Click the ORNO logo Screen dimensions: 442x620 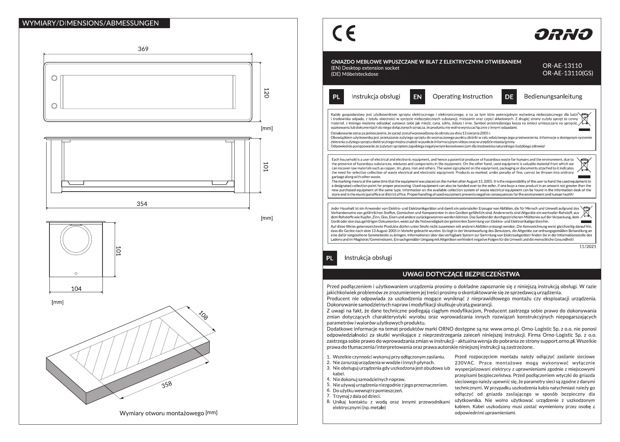tap(563, 35)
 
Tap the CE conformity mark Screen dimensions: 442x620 tap(344, 34)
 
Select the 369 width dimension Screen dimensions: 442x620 tap(143, 49)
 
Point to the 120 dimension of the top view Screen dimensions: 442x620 tap(266, 93)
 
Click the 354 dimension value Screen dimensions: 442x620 tap(142, 204)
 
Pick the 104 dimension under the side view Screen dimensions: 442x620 tap(76, 289)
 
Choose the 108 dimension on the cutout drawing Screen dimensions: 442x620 tap(204, 315)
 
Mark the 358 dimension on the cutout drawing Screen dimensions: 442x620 tap(167, 385)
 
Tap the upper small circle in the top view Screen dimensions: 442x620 tap(54, 78)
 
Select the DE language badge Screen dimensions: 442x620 tap(509, 97)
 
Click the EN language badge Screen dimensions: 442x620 tap(417, 97)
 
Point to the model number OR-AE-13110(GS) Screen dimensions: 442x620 tap(568, 73)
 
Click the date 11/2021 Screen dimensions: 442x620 tap(588, 246)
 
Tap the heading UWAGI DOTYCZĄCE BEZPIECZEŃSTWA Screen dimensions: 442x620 tap(461, 274)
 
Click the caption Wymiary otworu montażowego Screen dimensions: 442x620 tap(162, 413)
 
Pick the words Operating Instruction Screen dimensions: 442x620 tap(462, 96)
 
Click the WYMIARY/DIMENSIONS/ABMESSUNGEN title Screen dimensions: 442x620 tap(91, 23)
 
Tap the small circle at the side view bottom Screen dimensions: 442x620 tap(76, 273)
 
